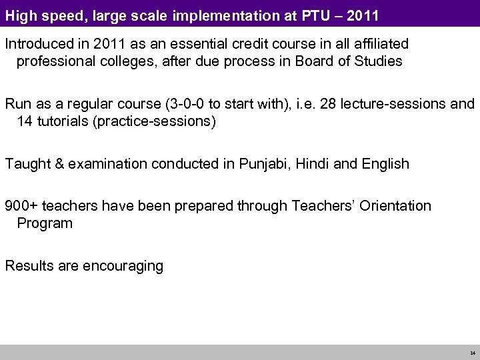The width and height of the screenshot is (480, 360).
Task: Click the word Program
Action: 45,223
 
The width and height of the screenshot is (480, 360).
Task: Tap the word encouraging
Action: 123,266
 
